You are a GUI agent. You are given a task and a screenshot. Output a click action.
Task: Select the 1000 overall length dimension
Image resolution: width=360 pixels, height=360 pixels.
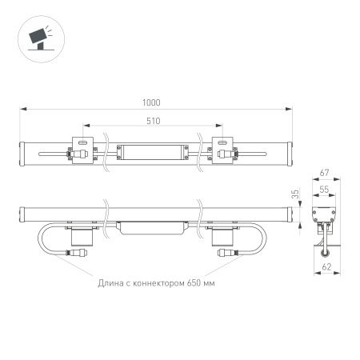click(x=153, y=102)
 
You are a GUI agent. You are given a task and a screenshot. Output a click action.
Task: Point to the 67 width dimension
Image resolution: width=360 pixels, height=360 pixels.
click(x=326, y=173)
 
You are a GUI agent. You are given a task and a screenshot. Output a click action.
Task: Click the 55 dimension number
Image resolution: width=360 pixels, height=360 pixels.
click(x=326, y=191)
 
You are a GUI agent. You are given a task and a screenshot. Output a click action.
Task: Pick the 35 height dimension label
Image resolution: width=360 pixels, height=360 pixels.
click(x=294, y=195)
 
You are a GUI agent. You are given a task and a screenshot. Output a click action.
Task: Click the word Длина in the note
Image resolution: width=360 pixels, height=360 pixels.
click(x=111, y=283)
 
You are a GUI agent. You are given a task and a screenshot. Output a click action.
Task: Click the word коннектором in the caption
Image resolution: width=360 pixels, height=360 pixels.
click(x=157, y=283)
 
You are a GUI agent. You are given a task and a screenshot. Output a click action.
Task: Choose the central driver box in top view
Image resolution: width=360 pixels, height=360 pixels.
click(x=153, y=150)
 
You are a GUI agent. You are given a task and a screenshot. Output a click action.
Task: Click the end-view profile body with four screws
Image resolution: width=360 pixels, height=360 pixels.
click(x=325, y=216)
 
